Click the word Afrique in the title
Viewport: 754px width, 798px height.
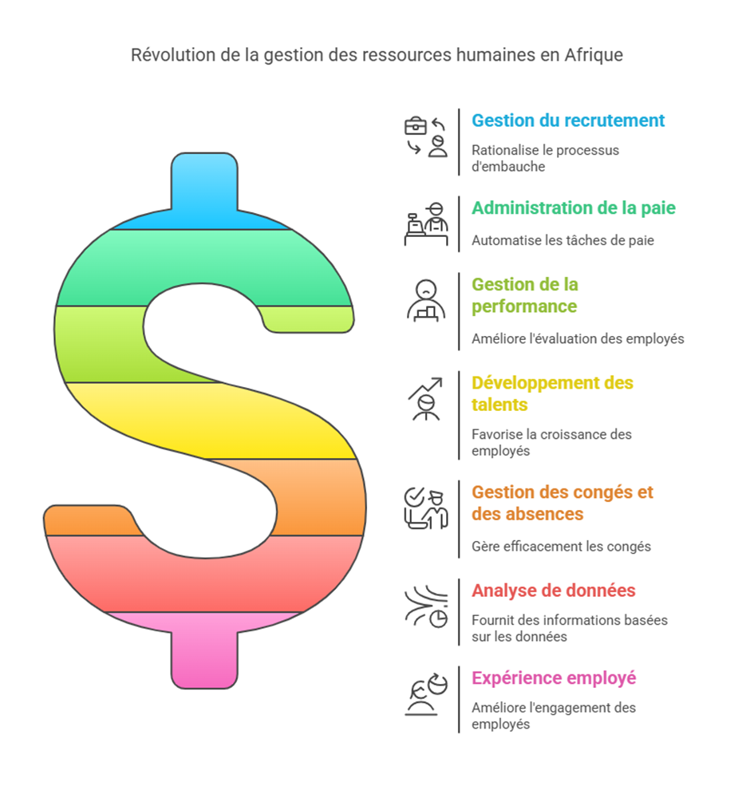594,55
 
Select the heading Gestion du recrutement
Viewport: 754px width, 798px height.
568,120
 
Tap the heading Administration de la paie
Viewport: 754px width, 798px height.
573,208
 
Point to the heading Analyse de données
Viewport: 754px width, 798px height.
553,591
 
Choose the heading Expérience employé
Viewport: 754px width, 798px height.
554,678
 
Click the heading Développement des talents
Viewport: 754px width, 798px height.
552,393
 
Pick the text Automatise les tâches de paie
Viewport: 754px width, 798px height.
563,240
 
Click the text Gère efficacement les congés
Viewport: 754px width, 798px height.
561,547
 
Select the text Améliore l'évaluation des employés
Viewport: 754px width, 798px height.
578,338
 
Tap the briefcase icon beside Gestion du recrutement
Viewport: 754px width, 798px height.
416,126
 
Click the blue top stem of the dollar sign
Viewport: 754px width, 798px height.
204,188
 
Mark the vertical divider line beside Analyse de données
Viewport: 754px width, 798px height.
459,612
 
